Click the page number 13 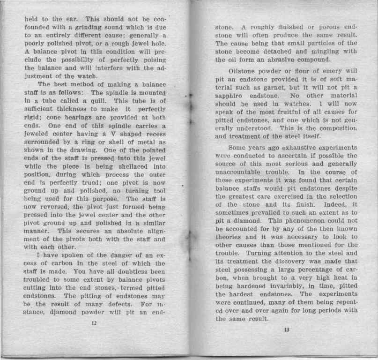[286, 330]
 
